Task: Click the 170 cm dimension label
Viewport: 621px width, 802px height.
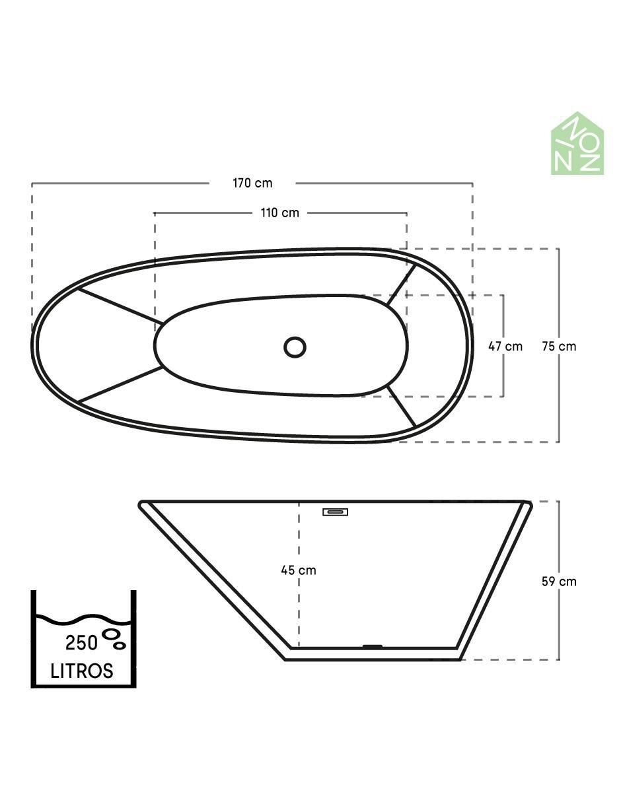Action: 252,183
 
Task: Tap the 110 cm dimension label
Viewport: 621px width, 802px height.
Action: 280,213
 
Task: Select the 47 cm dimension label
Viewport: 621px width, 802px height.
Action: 505,347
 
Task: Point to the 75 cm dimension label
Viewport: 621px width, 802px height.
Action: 559,347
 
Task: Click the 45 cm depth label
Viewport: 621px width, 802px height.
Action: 299,570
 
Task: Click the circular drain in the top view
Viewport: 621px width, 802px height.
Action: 295,347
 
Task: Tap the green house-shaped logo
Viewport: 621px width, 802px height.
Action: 577,143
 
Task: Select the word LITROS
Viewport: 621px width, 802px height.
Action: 82,671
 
